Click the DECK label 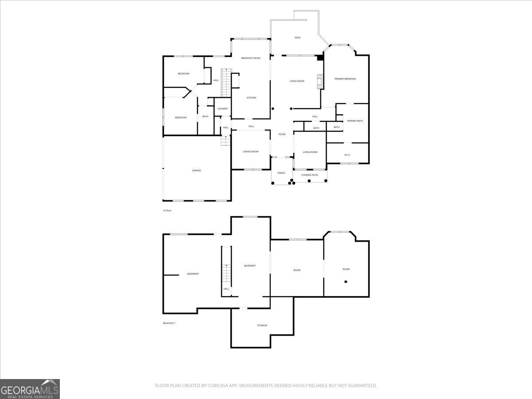coord(297,38)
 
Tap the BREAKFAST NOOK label coord(250,58)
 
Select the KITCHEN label coord(251,98)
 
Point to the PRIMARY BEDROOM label coord(345,79)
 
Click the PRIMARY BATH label coord(355,121)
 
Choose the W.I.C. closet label coord(348,155)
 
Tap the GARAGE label coord(196,170)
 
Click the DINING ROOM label coord(250,152)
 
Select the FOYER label coord(282,134)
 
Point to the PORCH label coord(281,173)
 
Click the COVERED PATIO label coord(309,175)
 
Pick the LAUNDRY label coord(223,109)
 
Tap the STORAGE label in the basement coord(262,325)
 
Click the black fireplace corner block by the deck coord(320,57)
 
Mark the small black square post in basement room coord(345,282)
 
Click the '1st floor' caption coord(167,210)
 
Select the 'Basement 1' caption coord(169,323)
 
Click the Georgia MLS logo coord(30,389)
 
